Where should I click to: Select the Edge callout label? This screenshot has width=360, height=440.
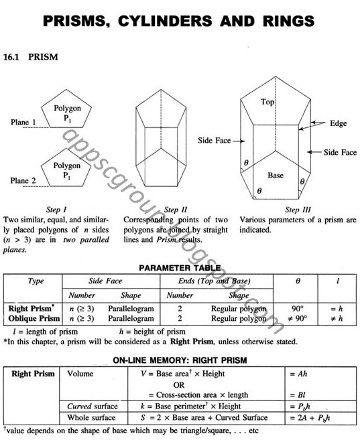[x=339, y=125]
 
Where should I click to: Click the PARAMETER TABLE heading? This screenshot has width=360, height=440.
[x=180, y=269]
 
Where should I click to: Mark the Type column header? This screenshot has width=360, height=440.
[x=35, y=282]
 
